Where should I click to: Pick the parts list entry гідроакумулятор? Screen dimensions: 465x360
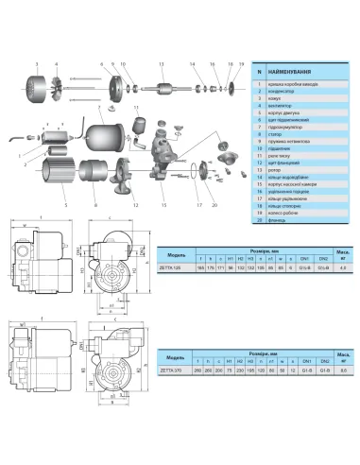(289, 140)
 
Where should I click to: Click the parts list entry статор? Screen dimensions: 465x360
(279, 149)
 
